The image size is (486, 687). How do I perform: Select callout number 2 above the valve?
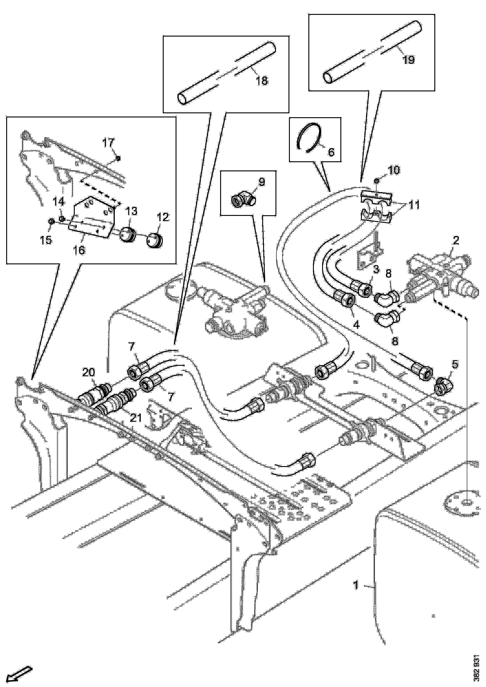[x=455, y=240]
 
